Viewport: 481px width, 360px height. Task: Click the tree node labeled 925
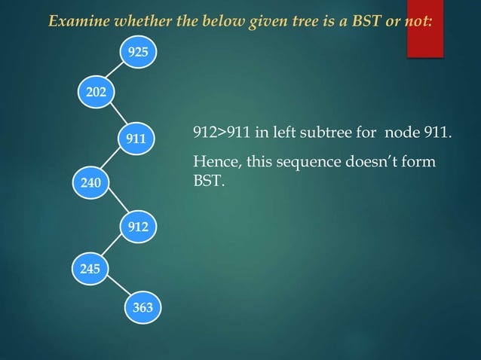(137, 53)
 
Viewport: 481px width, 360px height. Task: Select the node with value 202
(96, 93)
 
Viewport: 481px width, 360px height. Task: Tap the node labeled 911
(136, 139)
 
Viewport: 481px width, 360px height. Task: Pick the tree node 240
(90, 182)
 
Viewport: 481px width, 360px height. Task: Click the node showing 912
(137, 225)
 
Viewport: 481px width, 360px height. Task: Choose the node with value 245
(90, 267)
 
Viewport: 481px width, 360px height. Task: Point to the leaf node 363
(142, 307)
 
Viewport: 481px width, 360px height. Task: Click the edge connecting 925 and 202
(116, 73)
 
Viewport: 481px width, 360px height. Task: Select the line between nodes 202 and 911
(116, 115)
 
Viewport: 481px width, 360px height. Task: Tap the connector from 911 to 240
(113, 160)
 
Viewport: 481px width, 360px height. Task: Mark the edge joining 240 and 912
(114, 203)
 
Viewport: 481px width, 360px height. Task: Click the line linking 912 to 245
(113, 246)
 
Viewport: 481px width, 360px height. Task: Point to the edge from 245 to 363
(116, 288)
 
